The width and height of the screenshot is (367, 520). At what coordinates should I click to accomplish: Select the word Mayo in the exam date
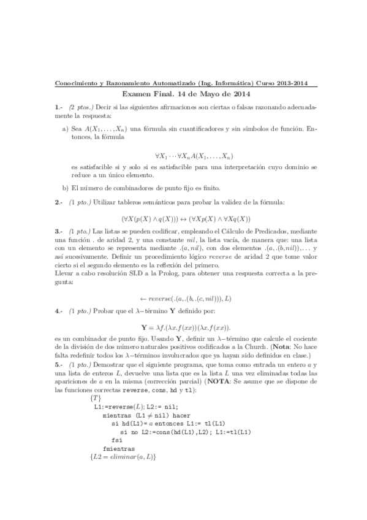[206, 94]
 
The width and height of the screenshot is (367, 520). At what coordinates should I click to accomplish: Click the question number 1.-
[59, 107]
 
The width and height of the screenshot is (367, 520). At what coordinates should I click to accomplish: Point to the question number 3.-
[59, 232]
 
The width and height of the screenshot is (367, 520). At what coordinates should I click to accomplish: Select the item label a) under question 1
[66, 129]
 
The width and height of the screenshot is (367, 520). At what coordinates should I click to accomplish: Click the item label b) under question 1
[66, 188]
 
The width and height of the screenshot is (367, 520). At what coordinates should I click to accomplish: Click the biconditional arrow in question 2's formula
[183, 218]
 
